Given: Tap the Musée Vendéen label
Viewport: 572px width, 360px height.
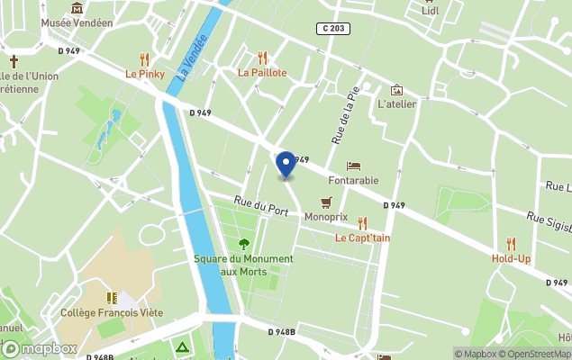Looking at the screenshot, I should point(77,22).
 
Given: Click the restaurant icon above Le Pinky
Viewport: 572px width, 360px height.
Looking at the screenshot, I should point(144,59).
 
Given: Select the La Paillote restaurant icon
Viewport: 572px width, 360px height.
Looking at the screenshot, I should point(262,58).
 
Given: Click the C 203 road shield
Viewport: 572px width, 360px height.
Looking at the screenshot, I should point(333,29).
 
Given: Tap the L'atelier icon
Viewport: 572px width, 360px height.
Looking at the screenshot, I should point(396,90).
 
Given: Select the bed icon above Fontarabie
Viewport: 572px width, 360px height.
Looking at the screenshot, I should point(354,166).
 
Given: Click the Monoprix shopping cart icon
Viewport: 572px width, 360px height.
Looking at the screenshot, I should point(326,203).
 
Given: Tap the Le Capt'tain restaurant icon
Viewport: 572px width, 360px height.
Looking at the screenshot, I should point(362,223).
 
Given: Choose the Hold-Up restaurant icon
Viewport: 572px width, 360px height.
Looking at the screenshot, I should point(511,244).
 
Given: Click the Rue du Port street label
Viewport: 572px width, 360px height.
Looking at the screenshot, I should point(260,206).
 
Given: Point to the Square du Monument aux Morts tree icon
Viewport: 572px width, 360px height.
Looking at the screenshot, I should point(243,244).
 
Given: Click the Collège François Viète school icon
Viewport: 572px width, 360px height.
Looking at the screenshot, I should point(111,298).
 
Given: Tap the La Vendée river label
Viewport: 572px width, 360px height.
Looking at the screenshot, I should point(192,57).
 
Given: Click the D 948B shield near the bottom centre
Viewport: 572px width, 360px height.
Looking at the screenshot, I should point(282,332).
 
